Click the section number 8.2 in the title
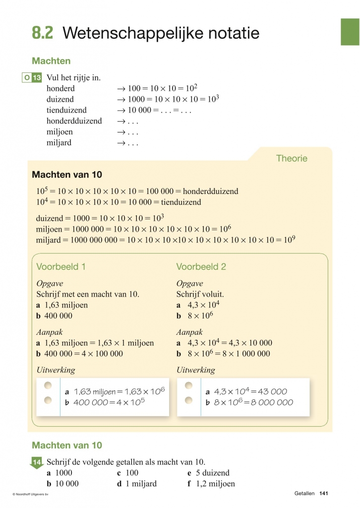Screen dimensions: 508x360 (42, 33)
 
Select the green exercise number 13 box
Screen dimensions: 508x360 (36, 78)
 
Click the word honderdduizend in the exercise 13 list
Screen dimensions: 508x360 (74, 121)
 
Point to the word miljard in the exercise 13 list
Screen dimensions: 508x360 (59, 143)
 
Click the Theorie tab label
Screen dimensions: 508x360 (292, 159)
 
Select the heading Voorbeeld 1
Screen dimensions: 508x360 (61, 266)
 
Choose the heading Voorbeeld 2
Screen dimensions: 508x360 (201, 266)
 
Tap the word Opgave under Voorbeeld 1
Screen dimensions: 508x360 (50, 283)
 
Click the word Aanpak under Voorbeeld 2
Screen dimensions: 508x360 (189, 332)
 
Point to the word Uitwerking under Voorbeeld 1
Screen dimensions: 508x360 (56, 370)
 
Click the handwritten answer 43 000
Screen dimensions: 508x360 (271, 391)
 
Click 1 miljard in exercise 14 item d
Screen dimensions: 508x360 (140, 484)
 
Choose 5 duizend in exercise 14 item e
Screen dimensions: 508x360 (212, 473)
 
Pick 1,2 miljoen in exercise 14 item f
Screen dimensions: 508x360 (215, 484)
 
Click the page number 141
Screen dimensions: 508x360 (324, 494)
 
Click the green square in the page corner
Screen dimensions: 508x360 (350, 32)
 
